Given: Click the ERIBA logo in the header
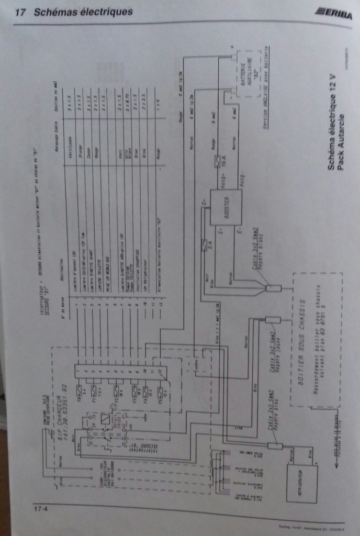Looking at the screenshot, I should pos(333,14).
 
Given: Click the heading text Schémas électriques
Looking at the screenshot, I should pos(83,12).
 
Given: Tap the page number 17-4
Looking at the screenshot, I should pos(40,507).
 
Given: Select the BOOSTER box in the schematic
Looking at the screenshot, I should pos(226,207).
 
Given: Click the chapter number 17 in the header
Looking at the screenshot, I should pos(21,12).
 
